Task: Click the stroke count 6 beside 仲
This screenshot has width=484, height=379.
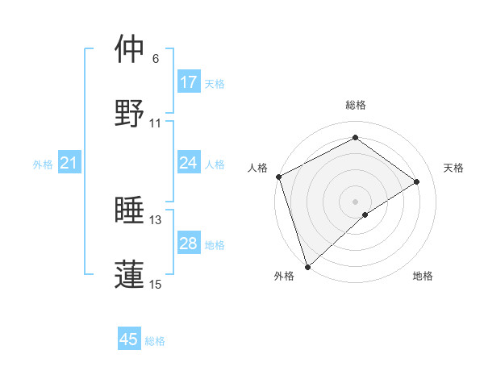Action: coord(156,59)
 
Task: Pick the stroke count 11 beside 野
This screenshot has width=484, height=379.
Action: coord(156,123)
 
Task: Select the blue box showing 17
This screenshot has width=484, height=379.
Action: coord(189,82)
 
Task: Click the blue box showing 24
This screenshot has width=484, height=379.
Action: coord(189,163)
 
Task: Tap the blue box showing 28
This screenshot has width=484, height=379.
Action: coord(189,244)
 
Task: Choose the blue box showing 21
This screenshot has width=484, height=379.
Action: coord(69,163)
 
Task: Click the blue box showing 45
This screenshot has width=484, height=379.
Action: coord(129,339)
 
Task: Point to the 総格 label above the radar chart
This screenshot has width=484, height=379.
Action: coord(355,105)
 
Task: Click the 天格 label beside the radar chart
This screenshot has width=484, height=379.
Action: coord(453,168)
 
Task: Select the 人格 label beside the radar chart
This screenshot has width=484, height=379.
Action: coord(257,168)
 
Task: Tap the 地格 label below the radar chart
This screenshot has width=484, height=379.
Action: coord(423,277)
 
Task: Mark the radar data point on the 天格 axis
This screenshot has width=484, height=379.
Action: coord(417,181)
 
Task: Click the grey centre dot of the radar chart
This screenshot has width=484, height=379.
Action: coord(355,201)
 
